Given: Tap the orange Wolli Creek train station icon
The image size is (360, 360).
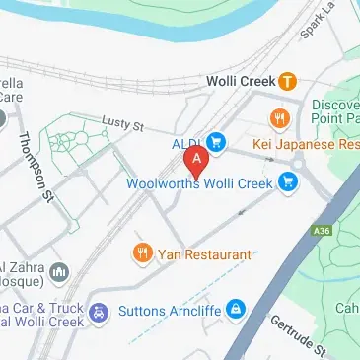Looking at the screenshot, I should (287, 81).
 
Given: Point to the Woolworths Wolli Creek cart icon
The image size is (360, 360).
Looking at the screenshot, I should (288, 181).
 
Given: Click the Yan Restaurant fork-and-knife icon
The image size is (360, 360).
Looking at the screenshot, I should (144, 254).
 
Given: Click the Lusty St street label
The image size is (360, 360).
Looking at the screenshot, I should (124, 126).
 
